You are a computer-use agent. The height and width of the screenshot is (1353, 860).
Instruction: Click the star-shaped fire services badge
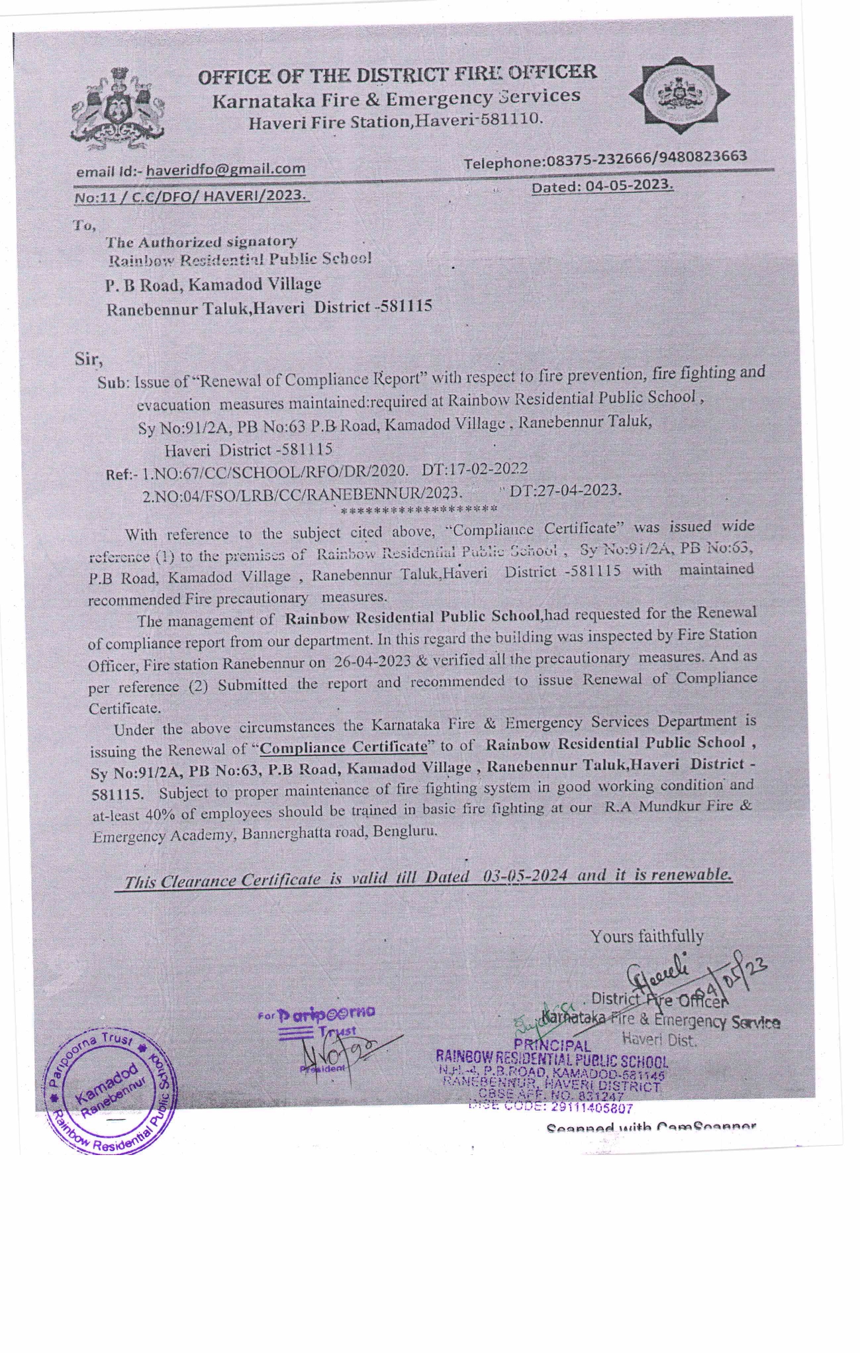[x=680, y=95]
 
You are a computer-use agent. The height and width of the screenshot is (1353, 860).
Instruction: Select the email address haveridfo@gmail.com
[x=226, y=169]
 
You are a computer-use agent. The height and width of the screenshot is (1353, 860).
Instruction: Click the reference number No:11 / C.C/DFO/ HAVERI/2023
[x=191, y=196]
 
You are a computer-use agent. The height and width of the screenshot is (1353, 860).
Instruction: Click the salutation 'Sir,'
[x=88, y=360]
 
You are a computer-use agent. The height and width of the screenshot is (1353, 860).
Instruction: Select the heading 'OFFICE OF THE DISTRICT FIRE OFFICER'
[x=397, y=74]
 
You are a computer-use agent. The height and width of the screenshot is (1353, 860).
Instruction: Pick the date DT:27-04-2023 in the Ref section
[x=565, y=490]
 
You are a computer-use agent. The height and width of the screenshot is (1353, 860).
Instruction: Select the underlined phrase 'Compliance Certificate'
[x=342, y=747]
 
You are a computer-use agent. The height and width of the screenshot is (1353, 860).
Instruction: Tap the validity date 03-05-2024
[x=525, y=876]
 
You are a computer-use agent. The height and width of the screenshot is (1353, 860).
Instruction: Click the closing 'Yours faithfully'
[x=647, y=936]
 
